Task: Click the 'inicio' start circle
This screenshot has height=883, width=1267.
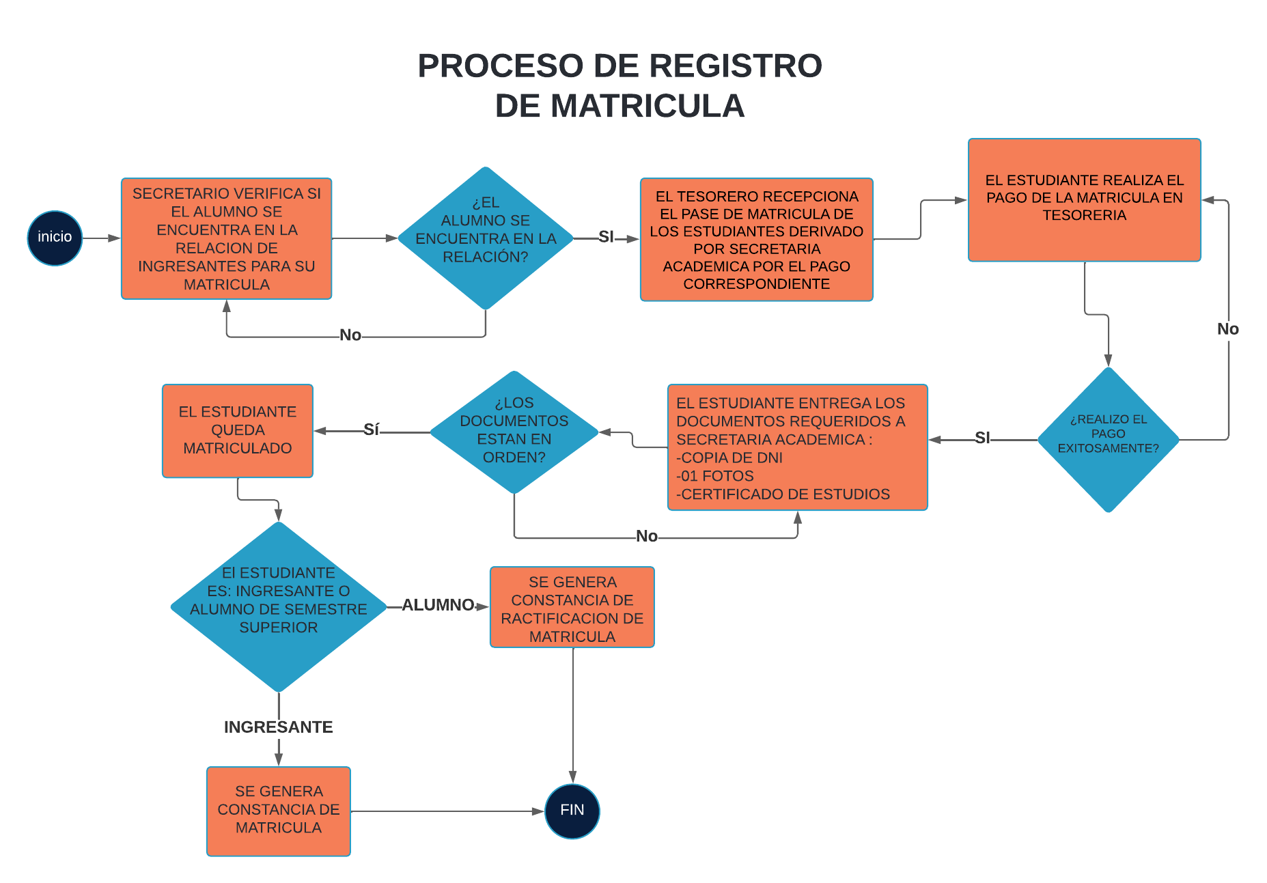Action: click(55, 238)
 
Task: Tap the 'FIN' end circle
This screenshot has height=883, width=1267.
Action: click(572, 811)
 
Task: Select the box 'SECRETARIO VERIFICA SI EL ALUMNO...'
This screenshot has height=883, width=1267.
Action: click(226, 238)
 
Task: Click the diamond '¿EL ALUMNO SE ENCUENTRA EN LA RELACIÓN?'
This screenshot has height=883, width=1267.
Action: click(486, 238)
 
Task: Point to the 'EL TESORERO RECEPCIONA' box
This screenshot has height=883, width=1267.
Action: click(756, 240)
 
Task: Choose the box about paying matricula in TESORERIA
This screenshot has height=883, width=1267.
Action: click(1084, 199)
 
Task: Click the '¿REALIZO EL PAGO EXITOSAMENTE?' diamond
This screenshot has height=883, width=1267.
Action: click(1108, 439)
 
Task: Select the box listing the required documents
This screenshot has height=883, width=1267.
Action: click(797, 447)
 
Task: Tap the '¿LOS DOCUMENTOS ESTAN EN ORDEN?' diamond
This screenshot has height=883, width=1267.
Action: click(514, 432)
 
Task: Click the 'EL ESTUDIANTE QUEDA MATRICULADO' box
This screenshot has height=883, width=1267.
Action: click(237, 430)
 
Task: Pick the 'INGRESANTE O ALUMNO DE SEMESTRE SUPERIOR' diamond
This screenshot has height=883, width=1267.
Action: click(278, 606)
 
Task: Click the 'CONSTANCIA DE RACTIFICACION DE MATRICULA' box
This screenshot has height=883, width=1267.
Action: click(572, 607)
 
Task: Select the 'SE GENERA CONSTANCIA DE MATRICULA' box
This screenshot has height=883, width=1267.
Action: click(278, 811)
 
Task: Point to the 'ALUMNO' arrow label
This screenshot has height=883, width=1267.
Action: click(438, 605)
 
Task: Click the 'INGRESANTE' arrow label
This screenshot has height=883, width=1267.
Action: click(278, 727)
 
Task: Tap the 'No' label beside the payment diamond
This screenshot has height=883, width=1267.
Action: click(1227, 329)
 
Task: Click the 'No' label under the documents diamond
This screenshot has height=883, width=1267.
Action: click(646, 536)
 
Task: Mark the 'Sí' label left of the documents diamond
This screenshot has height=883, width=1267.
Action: click(371, 430)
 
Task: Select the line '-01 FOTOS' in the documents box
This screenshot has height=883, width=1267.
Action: click(715, 476)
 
